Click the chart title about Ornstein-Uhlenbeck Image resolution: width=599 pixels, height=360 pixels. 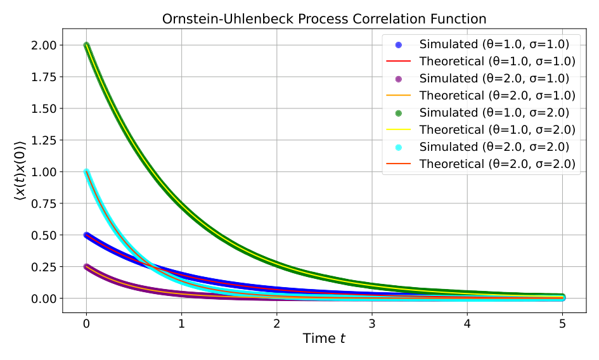[324, 19]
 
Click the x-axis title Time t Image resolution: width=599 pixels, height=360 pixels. [324, 338]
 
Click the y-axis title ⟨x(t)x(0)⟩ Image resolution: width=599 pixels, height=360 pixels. [20, 172]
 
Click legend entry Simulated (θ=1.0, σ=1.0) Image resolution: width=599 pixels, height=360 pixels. [494, 44]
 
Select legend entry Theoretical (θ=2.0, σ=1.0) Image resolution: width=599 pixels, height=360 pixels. [497, 96]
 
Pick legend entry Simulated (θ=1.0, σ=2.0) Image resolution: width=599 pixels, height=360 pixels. [494, 113]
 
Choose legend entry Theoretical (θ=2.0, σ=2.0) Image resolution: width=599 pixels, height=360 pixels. [497, 164]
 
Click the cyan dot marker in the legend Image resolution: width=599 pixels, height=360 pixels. [399, 147]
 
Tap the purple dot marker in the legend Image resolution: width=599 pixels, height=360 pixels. [399, 79]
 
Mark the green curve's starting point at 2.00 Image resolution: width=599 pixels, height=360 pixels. [86, 45]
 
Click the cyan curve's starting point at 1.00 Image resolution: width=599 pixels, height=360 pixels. [86, 172]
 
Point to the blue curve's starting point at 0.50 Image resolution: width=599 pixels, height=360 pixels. [86, 235]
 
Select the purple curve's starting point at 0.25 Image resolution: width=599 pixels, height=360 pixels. [86, 267]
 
